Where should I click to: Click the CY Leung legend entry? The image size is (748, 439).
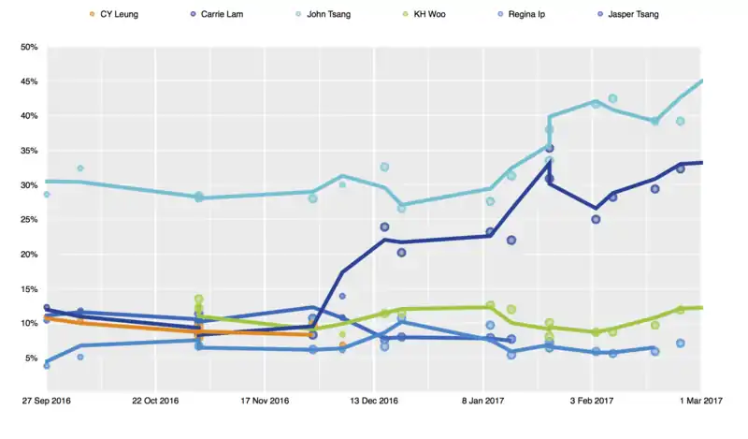(x=119, y=14)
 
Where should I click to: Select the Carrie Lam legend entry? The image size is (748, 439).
(x=228, y=14)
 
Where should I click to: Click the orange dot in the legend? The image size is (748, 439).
(x=91, y=14)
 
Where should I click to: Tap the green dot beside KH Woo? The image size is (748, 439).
(x=405, y=14)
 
